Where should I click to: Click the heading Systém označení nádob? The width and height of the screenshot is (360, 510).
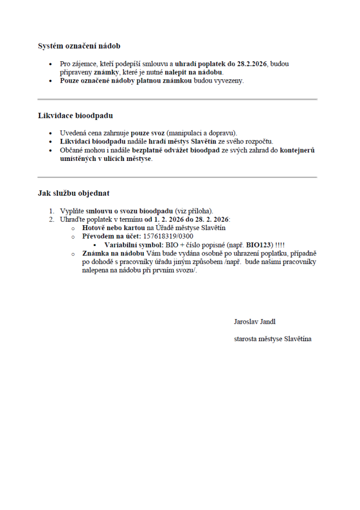pyautogui.click(x=79, y=46)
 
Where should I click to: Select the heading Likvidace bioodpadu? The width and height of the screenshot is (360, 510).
pyautogui.click(x=75, y=116)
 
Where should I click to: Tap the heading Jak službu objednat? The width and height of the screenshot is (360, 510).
pyautogui.click(x=74, y=193)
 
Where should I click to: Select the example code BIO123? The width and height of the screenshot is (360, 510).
pyautogui.click(x=259, y=245)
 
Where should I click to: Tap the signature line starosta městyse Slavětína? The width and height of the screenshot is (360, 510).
pyautogui.click(x=272, y=339)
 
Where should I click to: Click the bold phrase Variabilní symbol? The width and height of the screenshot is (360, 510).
pyautogui.click(x=133, y=245)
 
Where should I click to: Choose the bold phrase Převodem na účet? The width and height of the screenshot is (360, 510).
pyautogui.click(x=112, y=237)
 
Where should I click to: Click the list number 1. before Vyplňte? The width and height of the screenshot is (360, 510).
pyautogui.click(x=51, y=211)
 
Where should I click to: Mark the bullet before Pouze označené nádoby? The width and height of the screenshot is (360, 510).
pyautogui.click(x=50, y=81)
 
